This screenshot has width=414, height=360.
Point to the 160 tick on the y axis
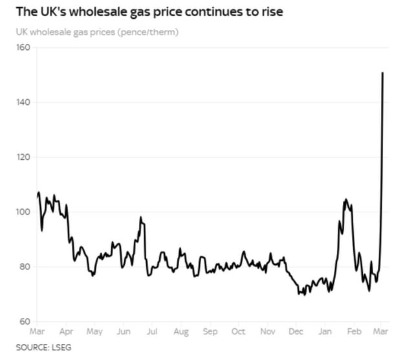[x=23, y=48]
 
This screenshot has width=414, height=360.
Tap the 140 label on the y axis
[x=23, y=102]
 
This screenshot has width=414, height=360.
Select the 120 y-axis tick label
[x=23, y=157]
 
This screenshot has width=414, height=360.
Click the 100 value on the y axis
[x=23, y=212]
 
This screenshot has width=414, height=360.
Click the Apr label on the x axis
[x=66, y=332]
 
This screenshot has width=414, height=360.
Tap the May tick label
[x=95, y=332]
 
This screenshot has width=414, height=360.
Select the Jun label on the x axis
[x=124, y=332]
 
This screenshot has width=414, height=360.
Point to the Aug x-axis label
[x=181, y=332]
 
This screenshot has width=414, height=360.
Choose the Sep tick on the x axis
[x=210, y=332]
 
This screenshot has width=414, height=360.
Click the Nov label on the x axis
[x=268, y=332]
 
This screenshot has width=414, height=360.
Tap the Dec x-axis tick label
[x=296, y=332]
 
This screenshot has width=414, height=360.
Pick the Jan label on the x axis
[x=325, y=332]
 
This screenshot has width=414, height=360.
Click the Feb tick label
[x=354, y=332]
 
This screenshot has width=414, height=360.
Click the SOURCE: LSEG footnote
[x=44, y=348]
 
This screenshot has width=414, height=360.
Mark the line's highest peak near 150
[x=383, y=73]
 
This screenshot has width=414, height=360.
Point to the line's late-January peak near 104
[x=346, y=199]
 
